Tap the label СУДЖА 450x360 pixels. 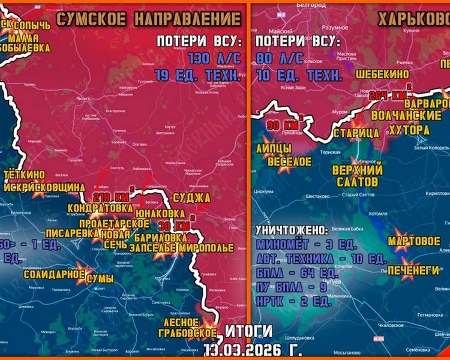[x=191, y=197]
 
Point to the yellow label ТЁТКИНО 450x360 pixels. [x=27, y=175]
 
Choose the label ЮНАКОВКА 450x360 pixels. [x=161, y=212]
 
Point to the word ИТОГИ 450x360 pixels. [x=250, y=331]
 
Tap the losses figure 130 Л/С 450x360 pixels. [x=214, y=59]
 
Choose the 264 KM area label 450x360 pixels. [x=389, y=95]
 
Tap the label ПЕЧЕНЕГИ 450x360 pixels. [x=412, y=271]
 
